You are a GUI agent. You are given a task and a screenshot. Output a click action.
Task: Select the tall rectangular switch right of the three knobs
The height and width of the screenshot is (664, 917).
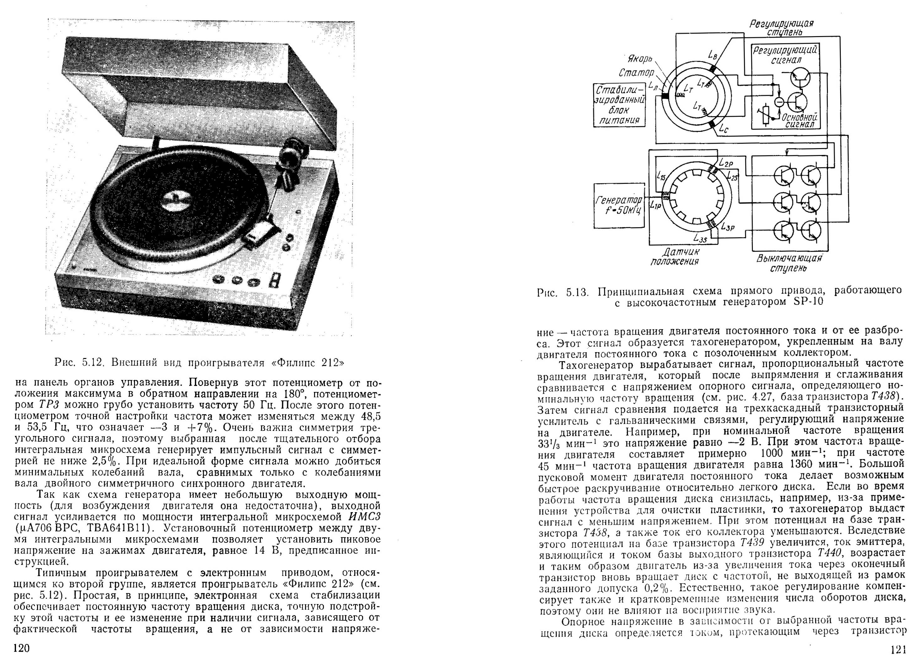tap(276, 280)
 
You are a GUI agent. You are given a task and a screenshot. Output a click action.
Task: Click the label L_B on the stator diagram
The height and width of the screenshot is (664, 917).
tap(712, 55)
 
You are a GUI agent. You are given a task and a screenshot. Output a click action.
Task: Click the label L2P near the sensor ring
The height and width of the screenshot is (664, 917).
tap(727, 163)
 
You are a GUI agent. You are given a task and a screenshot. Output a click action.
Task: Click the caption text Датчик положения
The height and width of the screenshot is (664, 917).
tap(675, 256)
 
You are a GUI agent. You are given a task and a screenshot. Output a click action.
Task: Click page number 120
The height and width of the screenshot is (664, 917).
tap(22, 648)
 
